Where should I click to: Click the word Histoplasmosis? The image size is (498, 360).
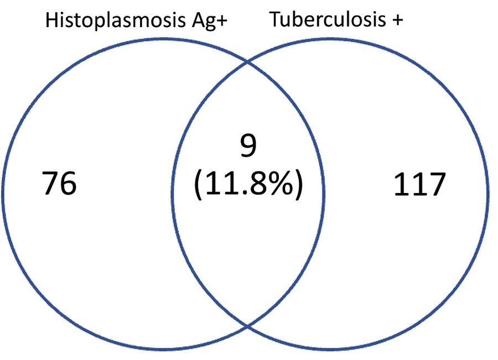point(115,20)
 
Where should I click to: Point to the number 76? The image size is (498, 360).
point(59,183)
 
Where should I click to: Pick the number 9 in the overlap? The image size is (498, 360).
point(248,145)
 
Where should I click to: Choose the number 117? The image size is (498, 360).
point(419,185)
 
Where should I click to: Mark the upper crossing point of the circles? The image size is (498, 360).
point(247,62)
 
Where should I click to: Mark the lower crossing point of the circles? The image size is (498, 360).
point(247,326)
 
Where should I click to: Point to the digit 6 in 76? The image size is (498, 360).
point(68,183)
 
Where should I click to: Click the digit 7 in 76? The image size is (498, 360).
point(50,183)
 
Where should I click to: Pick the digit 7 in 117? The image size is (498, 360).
point(437,185)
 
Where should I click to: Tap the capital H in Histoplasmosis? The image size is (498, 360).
point(52,20)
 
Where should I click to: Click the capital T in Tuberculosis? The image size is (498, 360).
point(276,19)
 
